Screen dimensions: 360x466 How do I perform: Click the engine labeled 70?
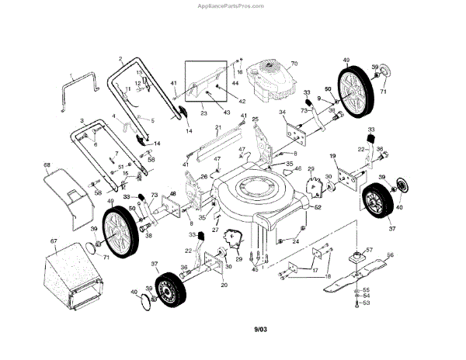pos(268,81)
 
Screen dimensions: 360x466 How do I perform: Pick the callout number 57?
pos(370,250)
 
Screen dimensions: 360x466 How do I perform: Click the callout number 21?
pos(219,126)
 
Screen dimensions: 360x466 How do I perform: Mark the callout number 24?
pos(295,241)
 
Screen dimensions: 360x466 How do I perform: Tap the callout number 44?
pos(235,82)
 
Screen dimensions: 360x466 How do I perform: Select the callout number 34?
pos(283,113)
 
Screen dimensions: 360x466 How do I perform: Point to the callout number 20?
pos(224,286)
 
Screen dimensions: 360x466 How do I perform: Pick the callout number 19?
pos(332,157)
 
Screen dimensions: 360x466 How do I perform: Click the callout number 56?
pos(391,254)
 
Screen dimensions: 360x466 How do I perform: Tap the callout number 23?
pos(204,113)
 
